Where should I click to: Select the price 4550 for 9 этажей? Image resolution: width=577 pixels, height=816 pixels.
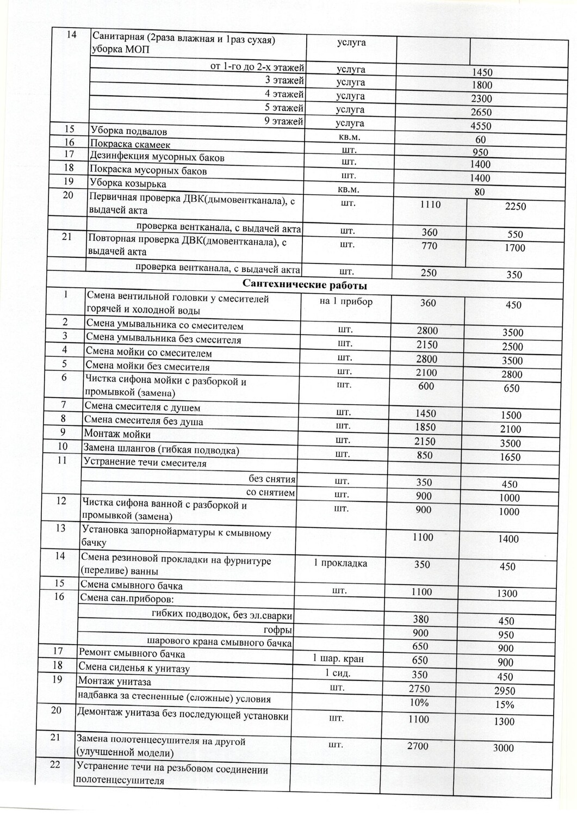pos(481,126)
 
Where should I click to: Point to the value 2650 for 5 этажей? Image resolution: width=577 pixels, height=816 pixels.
pos(481,113)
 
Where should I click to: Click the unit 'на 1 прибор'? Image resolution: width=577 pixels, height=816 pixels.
pos(346,301)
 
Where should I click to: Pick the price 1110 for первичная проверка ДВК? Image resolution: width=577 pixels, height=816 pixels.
pos(431,205)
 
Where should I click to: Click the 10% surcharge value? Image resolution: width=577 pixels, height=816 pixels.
pos(419,702)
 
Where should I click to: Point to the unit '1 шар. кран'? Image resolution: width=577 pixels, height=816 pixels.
pos(338,659)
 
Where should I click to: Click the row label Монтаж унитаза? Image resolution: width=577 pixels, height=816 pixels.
pos(115,682)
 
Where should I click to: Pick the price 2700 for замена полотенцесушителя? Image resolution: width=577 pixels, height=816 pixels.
pos(418,746)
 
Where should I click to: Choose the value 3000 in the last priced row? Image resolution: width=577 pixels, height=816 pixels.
pos(504,748)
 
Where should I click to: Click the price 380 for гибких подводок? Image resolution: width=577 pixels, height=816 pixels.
pos(421,619)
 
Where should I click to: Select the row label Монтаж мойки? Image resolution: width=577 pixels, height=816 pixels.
pos(117,434)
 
